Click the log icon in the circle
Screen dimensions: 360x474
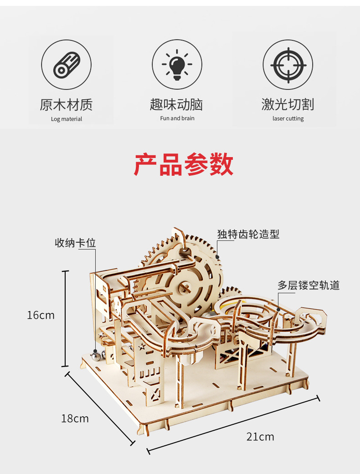[67, 64]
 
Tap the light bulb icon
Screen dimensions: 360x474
[177, 64]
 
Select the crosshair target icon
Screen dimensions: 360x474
[288, 64]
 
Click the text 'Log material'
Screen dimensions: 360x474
[67, 119]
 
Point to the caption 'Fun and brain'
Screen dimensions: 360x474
[177, 118]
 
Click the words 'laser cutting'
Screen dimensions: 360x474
[288, 119]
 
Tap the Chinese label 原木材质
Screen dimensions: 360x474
[67, 105]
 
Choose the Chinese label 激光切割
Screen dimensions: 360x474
[288, 105]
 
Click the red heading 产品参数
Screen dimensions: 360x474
[184, 165]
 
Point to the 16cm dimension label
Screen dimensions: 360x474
[41, 315]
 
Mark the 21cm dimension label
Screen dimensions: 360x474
[260, 437]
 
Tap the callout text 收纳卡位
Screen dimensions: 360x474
[76, 243]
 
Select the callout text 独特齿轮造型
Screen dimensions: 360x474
[248, 234]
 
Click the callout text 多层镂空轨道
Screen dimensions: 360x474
[309, 285]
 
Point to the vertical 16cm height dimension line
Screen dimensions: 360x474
[67, 319]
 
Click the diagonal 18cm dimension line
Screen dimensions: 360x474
[100, 408]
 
